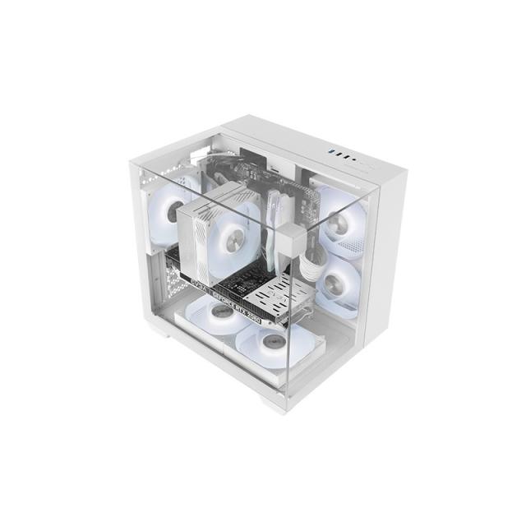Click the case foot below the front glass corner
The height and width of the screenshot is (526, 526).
click(274, 404)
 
